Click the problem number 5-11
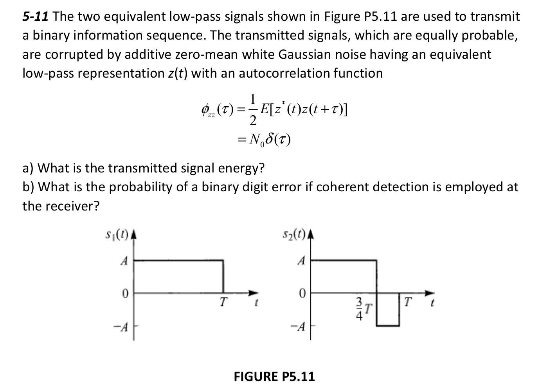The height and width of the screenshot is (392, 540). [35, 17]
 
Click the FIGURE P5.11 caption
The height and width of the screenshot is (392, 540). [274, 377]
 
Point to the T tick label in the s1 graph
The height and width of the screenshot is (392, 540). [223, 302]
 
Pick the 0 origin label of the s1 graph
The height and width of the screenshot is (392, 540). [124, 293]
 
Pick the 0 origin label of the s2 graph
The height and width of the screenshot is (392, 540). [302, 293]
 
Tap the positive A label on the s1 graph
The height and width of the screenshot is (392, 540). [124, 261]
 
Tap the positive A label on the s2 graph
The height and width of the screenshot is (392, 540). [301, 261]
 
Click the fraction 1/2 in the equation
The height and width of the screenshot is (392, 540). [253, 110]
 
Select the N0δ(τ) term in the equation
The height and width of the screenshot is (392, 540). [270, 140]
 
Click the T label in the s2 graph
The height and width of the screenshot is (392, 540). [408, 302]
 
